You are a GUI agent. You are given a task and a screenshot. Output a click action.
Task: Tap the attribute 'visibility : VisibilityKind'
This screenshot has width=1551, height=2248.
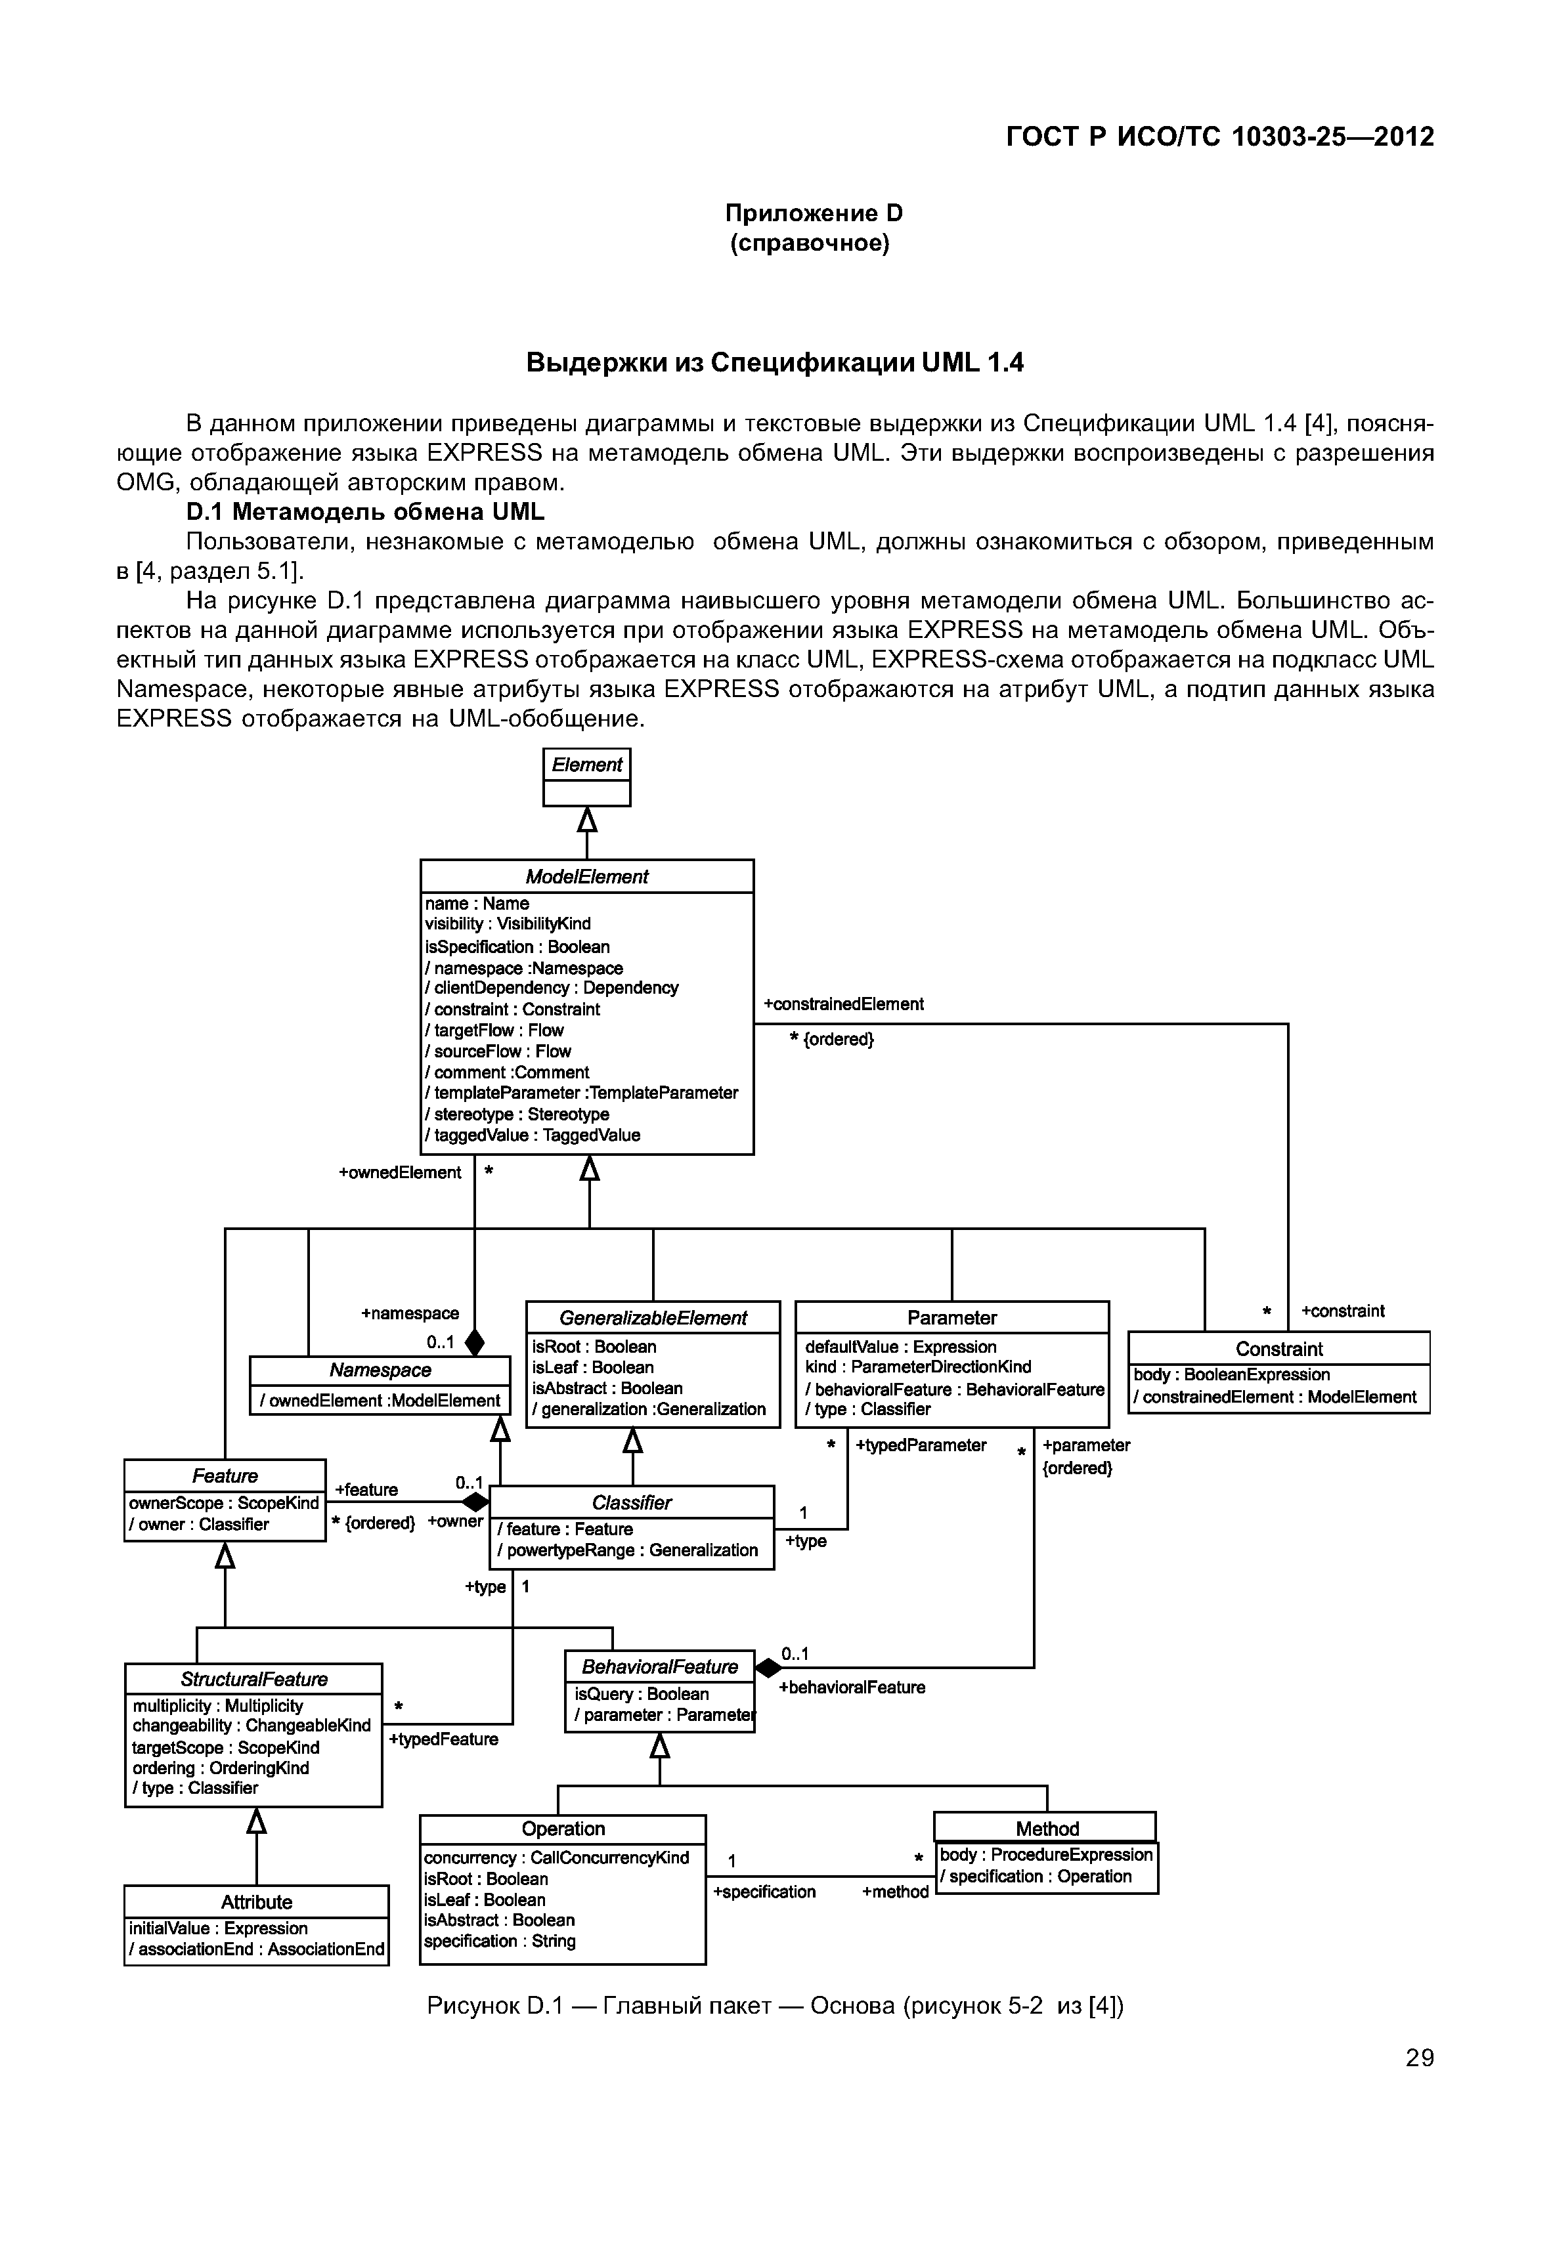[x=508, y=924]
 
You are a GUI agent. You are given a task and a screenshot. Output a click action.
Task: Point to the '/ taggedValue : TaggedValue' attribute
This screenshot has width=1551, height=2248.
[x=533, y=1135]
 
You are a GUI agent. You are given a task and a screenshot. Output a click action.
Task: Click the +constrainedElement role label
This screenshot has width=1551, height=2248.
[x=844, y=1004]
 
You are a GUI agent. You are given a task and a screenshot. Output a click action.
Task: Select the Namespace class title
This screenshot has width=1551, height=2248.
[x=380, y=1370]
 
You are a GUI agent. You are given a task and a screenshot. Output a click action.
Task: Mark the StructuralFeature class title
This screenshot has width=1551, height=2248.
[x=253, y=1679]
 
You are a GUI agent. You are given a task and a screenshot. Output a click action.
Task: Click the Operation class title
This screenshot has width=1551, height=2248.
[x=563, y=1829]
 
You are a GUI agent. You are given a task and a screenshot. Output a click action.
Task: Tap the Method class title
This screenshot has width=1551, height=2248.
[x=1047, y=1829]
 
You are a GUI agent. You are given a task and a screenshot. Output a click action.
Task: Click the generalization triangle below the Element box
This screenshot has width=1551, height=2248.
[x=587, y=821]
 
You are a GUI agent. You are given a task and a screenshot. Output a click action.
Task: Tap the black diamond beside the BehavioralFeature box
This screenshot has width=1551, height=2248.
[x=769, y=1667]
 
